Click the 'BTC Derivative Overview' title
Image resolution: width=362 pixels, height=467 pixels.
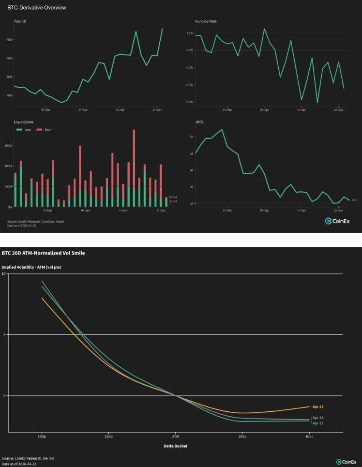(37, 8)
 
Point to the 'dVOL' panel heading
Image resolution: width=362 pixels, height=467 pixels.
(199, 123)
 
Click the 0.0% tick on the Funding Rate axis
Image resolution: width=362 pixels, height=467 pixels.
(190, 50)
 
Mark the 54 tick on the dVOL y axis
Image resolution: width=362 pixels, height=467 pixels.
(192, 137)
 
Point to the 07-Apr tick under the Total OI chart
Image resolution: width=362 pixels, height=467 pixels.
(83, 110)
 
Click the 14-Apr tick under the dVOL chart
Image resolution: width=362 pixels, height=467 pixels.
(301, 211)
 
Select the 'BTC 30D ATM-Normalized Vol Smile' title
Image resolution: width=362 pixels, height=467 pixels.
(43, 253)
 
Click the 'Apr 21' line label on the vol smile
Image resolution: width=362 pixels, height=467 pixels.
(318, 423)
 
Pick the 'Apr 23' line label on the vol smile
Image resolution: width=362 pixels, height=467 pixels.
(318, 417)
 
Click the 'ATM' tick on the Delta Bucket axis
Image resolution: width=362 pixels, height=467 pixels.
(175, 437)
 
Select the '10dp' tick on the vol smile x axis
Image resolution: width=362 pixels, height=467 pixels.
(42, 437)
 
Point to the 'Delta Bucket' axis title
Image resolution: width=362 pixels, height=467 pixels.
(175, 446)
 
